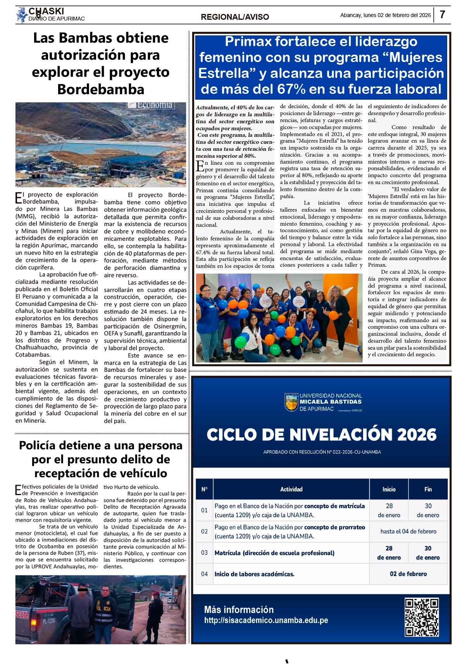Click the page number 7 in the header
(x=442, y=15)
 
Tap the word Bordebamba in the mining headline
(x=100, y=89)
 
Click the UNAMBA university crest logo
(x=291, y=402)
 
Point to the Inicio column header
(x=389, y=489)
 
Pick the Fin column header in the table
(x=428, y=489)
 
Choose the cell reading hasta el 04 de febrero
(x=408, y=532)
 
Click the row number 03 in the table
(x=204, y=553)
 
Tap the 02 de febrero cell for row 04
(x=408, y=574)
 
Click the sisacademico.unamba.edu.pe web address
(x=266, y=620)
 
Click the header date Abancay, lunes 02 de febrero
(x=385, y=15)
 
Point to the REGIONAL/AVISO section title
(x=235, y=17)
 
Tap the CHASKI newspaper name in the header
(x=46, y=12)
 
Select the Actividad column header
(x=291, y=489)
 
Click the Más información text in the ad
(x=239, y=609)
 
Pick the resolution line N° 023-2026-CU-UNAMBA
(x=322, y=452)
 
